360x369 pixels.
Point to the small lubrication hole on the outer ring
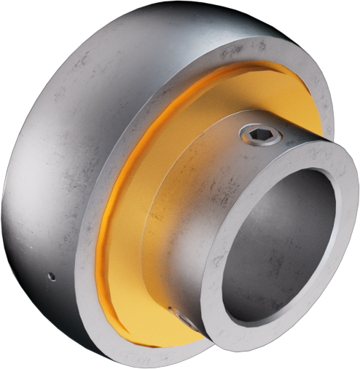[50, 276]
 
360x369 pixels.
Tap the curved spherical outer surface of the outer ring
[58, 146]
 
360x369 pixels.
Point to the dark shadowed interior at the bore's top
[291, 189]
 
